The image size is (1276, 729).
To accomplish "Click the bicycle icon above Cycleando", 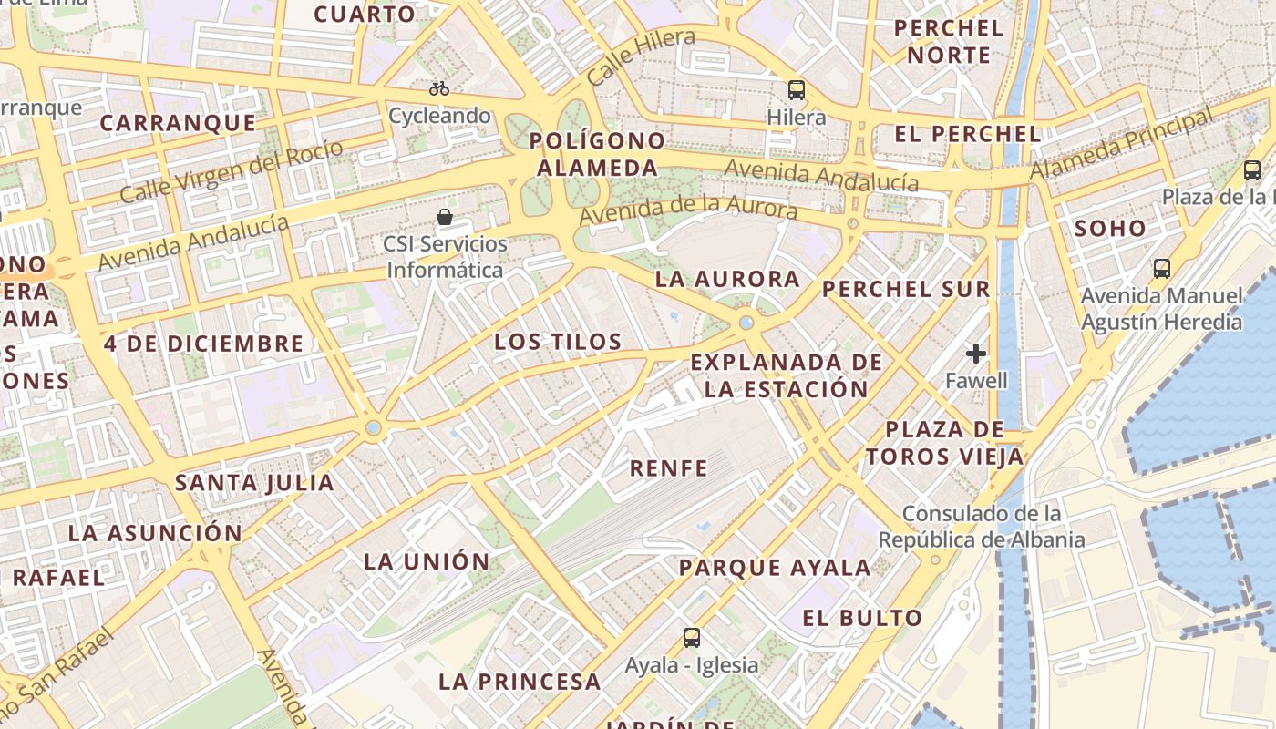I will pos(439,88).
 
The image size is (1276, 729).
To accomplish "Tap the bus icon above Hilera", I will pos(797,89).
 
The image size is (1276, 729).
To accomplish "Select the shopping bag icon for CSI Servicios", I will pos(445,217).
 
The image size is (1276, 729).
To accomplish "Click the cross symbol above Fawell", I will pos(976,353).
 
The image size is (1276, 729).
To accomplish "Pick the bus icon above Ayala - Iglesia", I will pos(692,637).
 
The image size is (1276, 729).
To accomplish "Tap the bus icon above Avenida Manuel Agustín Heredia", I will pos(1162,268).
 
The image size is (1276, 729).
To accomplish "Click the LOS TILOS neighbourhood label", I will pos(558,342).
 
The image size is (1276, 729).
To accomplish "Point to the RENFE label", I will pos(669,468).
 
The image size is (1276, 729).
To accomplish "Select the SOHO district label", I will pos(1109,228).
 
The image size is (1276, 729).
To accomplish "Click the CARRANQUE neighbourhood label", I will pos(178,123).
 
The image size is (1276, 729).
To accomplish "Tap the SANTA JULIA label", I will pos(254,482).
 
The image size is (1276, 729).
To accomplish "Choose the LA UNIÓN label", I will pos(427,560).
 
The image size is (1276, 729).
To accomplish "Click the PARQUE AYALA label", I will pos(775,568).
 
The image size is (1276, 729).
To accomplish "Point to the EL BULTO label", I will pos(862,618).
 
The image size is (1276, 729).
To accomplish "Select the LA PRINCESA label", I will pos(520,681).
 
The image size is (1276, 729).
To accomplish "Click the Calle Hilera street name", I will pos(641,56).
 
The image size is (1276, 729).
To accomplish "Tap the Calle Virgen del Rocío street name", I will pos(232,171).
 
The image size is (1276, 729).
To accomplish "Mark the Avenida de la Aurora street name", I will pos(688,209).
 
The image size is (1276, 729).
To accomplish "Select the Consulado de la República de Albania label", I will pos(982,527).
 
